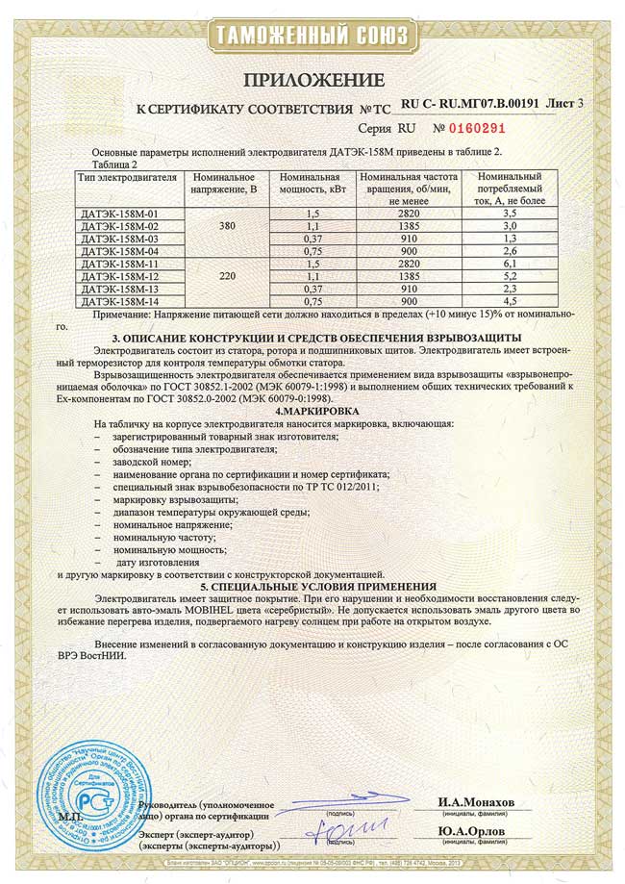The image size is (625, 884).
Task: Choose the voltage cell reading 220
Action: [227, 275]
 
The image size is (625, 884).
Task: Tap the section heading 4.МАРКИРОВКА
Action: [310, 412]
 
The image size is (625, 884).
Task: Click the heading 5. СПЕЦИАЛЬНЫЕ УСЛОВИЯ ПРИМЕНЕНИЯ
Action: [310, 586]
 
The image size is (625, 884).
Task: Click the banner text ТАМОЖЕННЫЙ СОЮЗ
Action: [312, 38]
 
